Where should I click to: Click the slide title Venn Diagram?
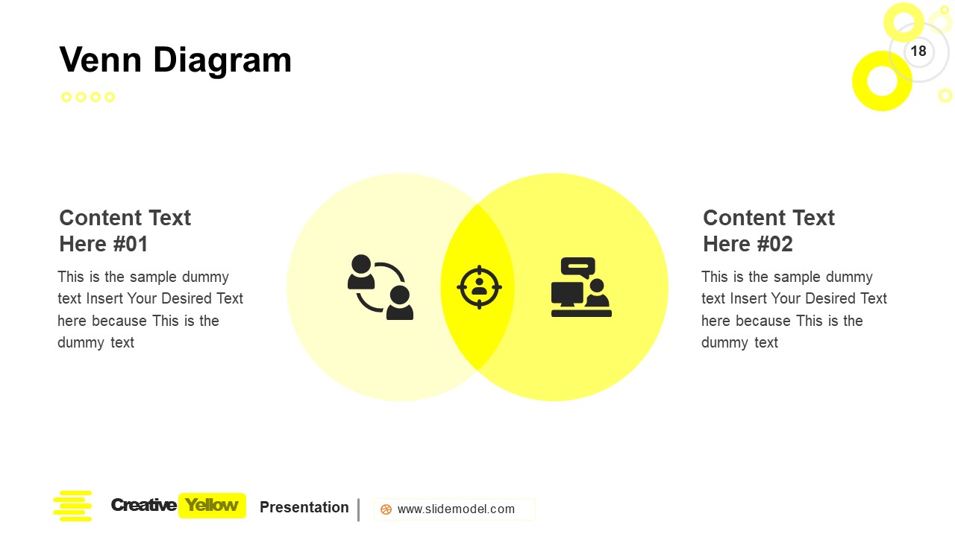(175, 60)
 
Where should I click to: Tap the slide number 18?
(918, 51)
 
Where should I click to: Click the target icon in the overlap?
(479, 287)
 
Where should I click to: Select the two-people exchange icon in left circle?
(381, 287)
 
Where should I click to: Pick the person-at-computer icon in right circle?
(581, 288)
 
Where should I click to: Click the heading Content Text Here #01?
(125, 230)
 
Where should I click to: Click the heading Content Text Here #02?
(768, 230)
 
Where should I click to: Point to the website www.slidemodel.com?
(456, 509)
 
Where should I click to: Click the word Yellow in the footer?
(212, 506)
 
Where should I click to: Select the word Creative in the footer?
(143, 506)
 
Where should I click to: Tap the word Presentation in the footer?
(304, 507)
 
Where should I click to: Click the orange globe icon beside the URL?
(386, 509)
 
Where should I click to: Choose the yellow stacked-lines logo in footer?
(72, 506)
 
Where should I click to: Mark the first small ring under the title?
(66, 97)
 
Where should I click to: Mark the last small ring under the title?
(110, 97)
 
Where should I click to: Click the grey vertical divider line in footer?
(359, 509)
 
